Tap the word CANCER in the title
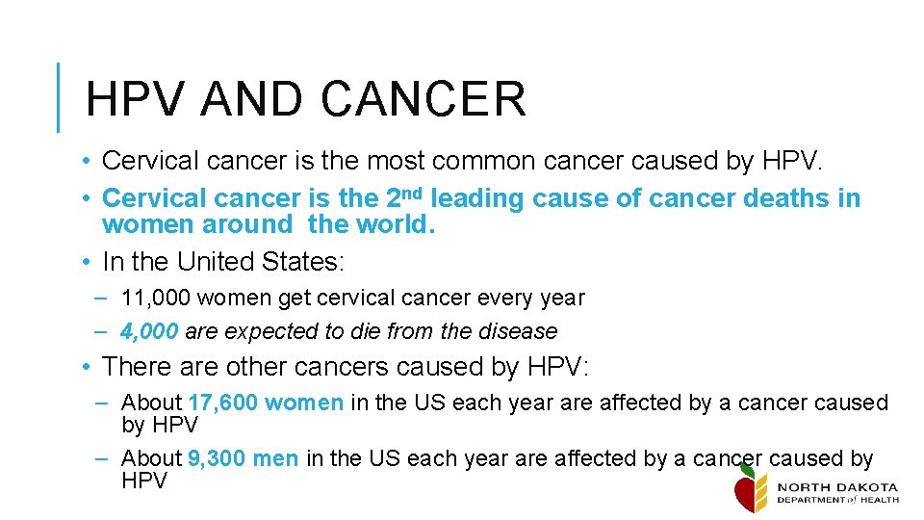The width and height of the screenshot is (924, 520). pyautogui.click(x=423, y=98)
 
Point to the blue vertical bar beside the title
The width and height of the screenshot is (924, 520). pyautogui.click(x=59, y=96)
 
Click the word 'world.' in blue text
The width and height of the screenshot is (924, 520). pyautogui.click(x=397, y=224)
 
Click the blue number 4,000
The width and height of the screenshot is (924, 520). pyautogui.click(x=149, y=331)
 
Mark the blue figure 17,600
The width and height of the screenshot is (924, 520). pyautogui.click(x=222, y=403)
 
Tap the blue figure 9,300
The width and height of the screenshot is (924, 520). pyautogui.click(x=218, y=459)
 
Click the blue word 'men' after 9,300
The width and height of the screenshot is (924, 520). pyautogui.click(x=275, y=459)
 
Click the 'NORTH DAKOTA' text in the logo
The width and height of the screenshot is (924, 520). pyautogui.click(x=836, y=487)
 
